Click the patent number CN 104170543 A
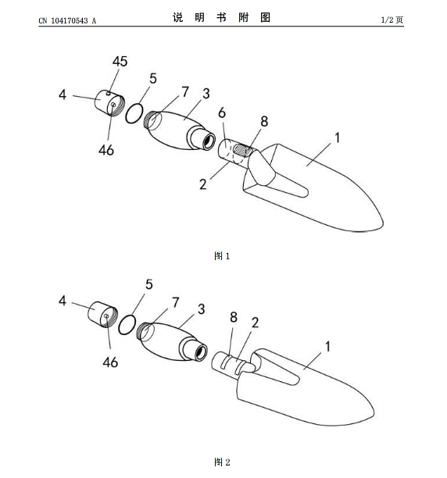(x=67, y=20)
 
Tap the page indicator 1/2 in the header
(x=387, y=20)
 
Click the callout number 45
(x=120, y=61)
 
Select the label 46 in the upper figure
(x=106, y=150)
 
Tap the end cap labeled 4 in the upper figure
(x=109, y=103)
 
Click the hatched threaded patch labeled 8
(x=243, y=150)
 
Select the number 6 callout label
(x=222, y=113)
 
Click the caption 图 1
(x=222, y=256)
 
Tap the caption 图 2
(x=222, y=462)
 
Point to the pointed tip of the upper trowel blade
(x=383, y=224)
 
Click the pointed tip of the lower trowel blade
(x=374, y=414)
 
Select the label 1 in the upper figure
(x=337, y=137)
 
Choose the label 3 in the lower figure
(x=202, y=309)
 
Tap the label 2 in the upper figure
(x=202, y=184)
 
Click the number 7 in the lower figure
(x=175, y=303)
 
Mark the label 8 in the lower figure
(x=234, y=317)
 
